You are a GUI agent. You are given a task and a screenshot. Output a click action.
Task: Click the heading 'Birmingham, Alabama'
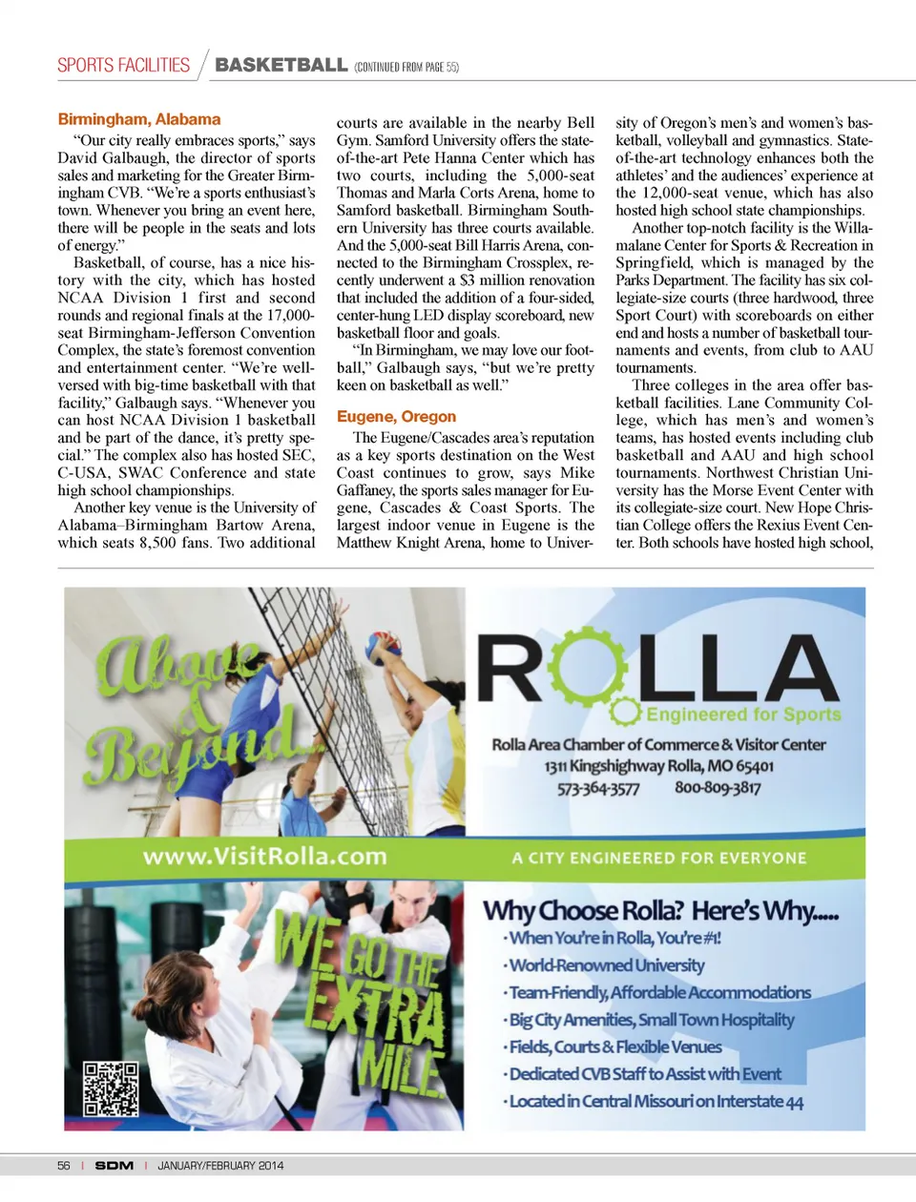tap(139, 119)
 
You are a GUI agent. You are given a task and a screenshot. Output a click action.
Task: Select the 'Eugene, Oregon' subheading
tap(396, 417)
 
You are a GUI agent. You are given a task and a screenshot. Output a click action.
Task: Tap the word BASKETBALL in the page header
tap(281, 65)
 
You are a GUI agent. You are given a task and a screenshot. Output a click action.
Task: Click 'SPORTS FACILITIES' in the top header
tap(123, 65)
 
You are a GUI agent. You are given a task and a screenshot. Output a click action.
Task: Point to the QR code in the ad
tap(110, 1088)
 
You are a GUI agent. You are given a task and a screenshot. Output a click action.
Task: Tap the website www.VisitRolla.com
tap(264, 856)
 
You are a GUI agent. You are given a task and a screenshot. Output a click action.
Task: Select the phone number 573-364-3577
tap(598, 788)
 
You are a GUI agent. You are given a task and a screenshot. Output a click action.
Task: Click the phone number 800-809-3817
tap(718, 788)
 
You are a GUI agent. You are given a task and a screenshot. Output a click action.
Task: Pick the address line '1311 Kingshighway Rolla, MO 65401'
tap(658, 766)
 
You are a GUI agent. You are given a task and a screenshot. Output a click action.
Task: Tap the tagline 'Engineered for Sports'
tap(743, 715)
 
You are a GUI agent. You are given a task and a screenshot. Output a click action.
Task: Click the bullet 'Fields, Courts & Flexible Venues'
tap(614, 1047)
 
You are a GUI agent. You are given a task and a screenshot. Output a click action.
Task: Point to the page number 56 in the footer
tap(64, 1166)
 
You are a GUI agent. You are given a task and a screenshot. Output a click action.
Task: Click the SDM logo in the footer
tap(114, 1166)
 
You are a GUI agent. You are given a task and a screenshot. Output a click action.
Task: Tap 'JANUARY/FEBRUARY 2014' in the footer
tap(220, 1166)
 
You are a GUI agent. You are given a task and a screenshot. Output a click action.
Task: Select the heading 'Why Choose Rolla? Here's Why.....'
tap(660, 910)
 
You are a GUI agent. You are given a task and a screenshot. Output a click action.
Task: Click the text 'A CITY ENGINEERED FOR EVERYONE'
tap(658, 858)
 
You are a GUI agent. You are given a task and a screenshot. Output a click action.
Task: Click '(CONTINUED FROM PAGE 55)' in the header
tap(406, 67)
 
